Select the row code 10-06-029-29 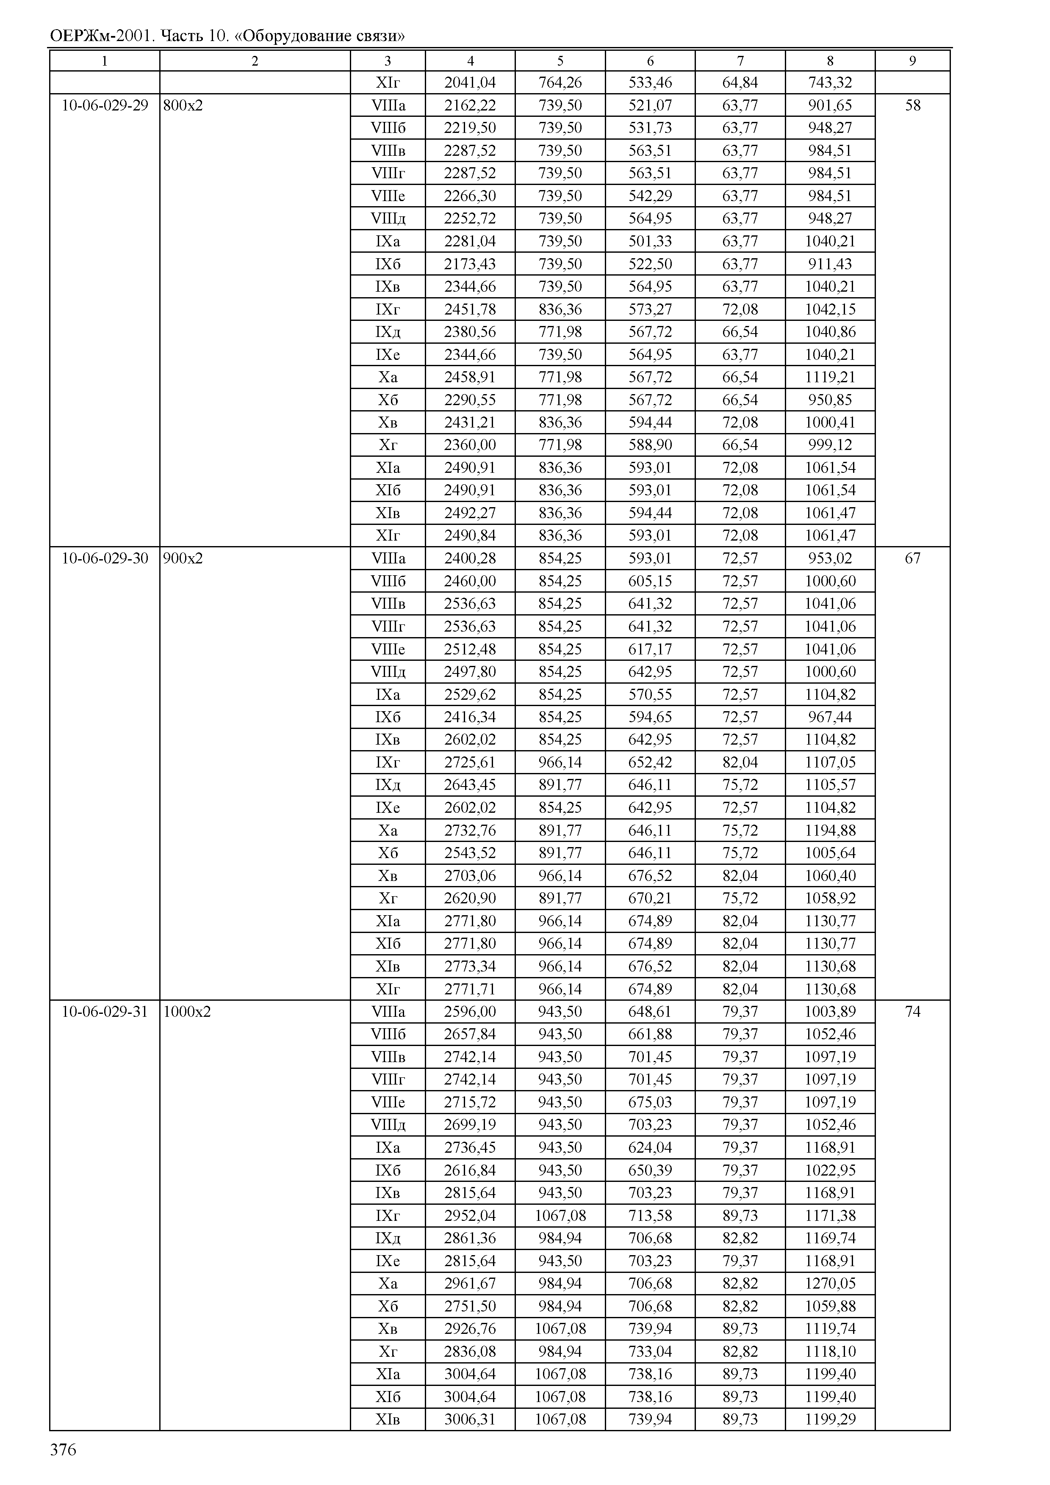(105, 105)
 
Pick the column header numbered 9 (912, 61)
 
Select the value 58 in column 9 (912, 105)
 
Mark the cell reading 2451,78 (470, 309)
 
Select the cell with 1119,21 (830, 377)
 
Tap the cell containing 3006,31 (470, 1419)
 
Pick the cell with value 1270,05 (830, 1283)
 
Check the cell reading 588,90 (650, 445)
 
